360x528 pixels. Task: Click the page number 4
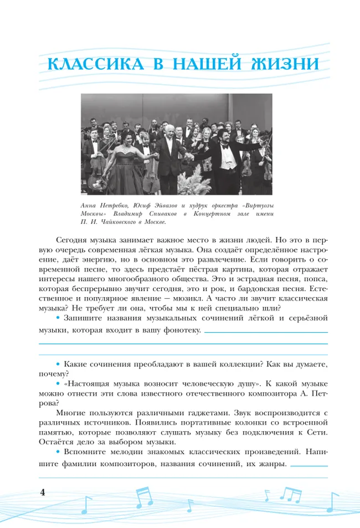42,493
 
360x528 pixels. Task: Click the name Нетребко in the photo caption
116,205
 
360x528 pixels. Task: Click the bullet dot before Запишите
59,319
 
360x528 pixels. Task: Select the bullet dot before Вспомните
59,452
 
